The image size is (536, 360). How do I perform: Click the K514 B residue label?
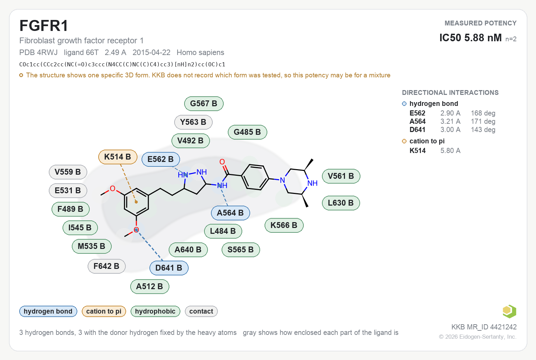pos(118,157)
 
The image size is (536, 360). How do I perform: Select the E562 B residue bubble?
pos(160,159)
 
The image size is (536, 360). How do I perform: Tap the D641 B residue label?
pos(169,268)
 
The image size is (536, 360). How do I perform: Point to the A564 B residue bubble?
pos(231,213)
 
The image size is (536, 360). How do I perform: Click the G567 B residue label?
pos(204,103)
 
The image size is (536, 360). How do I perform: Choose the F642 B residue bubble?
pos(107,266)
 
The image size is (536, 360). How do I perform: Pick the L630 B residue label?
pos(341,203)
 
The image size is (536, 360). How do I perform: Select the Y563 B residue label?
pos(193,122)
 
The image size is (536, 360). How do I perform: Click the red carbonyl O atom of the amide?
pos(222,162)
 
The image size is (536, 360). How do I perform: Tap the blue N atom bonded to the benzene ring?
pos(282,181)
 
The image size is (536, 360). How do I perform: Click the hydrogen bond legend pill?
pos(48,311)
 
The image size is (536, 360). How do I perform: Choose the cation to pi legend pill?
pos(104,311)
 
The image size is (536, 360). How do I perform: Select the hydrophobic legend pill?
pos(155,311)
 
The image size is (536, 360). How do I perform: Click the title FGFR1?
pos(44,26)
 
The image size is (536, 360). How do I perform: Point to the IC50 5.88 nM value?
pos(470,38)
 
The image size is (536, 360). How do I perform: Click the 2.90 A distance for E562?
pos(450,113)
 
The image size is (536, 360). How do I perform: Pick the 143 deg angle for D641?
pos(483,130)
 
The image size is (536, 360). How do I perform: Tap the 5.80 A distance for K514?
pos(450,150)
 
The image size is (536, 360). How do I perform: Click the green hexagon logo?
pos(510,312)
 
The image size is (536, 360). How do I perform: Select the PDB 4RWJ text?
pos(38,53)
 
